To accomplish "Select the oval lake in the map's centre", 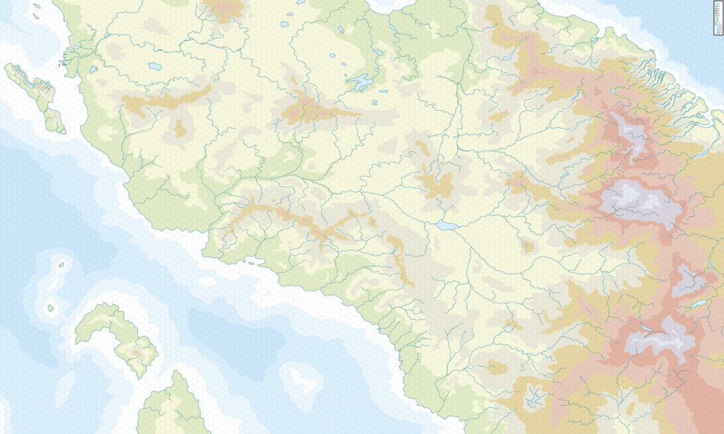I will [446, 225].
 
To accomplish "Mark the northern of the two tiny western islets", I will [61, 265].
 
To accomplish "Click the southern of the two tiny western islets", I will [51, 307].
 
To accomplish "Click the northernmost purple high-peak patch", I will [629, 134].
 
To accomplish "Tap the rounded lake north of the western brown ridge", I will [154, 66].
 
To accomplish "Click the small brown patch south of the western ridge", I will [180, 129].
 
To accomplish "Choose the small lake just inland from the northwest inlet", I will [93, 69].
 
